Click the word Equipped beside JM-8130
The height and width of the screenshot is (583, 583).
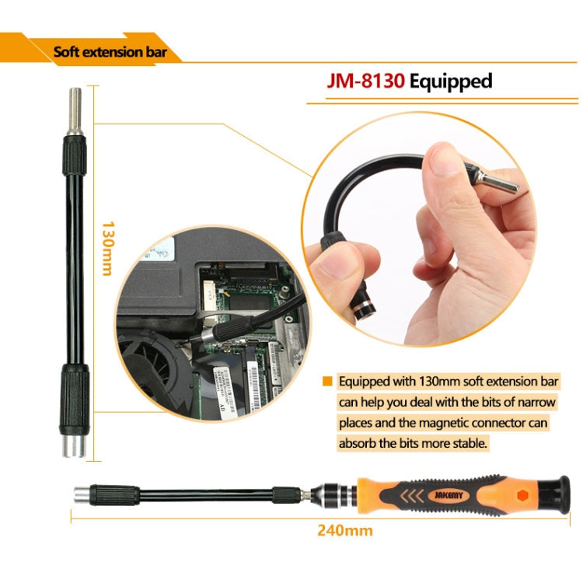pos(451,81)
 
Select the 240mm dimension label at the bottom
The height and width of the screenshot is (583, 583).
pos(344,531)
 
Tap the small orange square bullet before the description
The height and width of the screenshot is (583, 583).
pos(327,382)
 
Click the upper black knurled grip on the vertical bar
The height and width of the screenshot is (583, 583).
pos(75,156)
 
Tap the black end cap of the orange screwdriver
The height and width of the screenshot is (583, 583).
pos(555,494)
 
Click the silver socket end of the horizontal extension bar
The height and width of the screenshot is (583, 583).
pos(80,494)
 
